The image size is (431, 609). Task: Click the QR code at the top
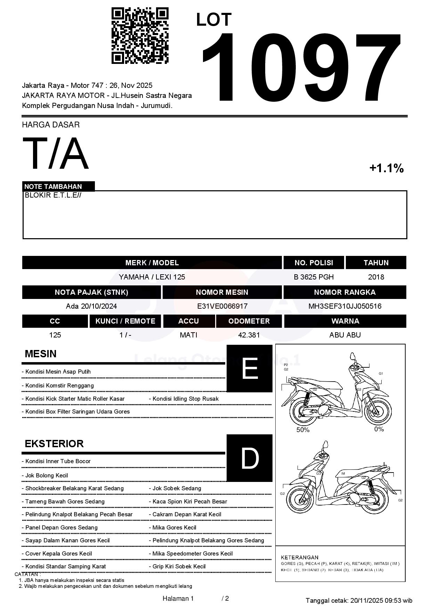(140, 36)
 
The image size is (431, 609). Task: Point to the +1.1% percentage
(386, 168)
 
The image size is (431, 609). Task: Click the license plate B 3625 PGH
(314, 277)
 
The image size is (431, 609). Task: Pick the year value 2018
(376, 277)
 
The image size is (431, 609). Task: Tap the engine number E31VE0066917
(222, 306)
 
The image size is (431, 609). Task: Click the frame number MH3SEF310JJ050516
(344, 306)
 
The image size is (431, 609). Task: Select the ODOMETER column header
(249, 321)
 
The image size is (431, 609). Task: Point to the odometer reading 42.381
(249, 335)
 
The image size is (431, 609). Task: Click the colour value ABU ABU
(345, 335)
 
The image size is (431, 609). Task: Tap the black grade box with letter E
(250, 368)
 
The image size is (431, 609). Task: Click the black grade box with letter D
(250, 458)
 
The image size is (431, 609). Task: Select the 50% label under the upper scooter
(303, 430)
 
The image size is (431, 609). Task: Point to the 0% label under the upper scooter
(379, 429)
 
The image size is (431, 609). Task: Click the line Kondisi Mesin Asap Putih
(58, 372)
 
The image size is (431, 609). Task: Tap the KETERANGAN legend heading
(300, 557)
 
